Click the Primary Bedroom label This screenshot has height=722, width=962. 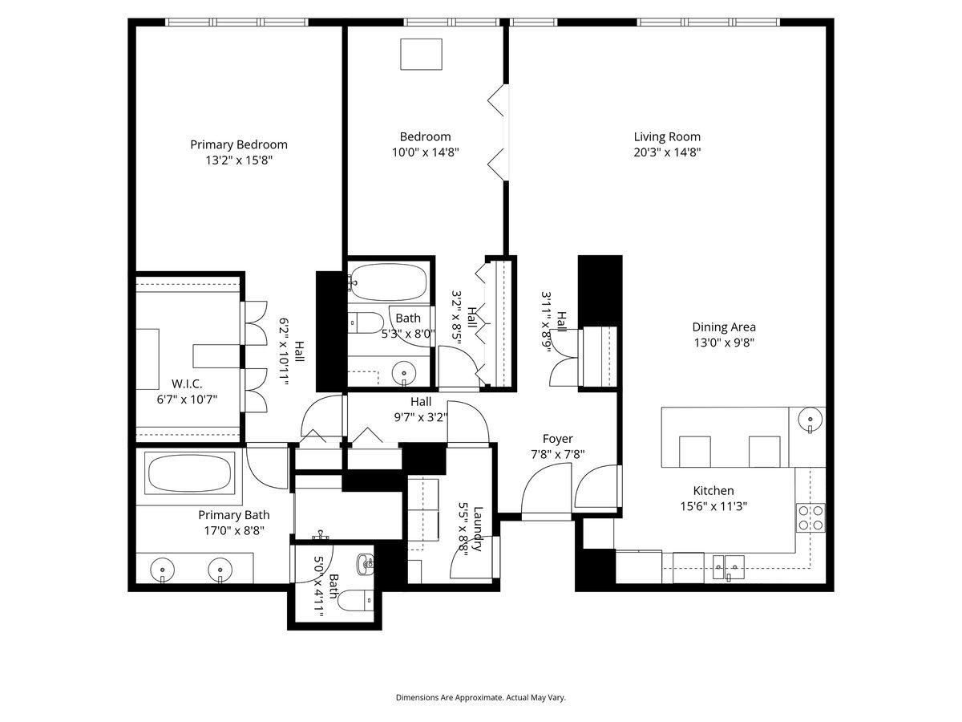(x=238, y=144)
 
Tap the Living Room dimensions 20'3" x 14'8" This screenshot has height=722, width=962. (x=667, y=152)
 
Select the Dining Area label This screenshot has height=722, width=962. (x=724, y=327)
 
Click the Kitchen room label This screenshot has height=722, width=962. (x=713, y=491)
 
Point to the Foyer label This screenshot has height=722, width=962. (x=557, y=439)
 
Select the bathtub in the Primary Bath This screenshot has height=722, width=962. (x=190, y=473)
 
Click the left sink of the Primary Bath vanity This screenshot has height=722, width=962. (x=163, y=570)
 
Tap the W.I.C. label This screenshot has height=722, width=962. (x=186, y=383)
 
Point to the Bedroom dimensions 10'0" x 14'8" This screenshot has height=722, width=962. (x=425, y=152)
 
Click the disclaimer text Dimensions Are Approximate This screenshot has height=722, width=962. (x=481, y=698)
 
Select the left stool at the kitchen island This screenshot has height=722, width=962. (x=694, y=451)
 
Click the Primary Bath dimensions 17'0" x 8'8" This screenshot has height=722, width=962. (x=234, y=530)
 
